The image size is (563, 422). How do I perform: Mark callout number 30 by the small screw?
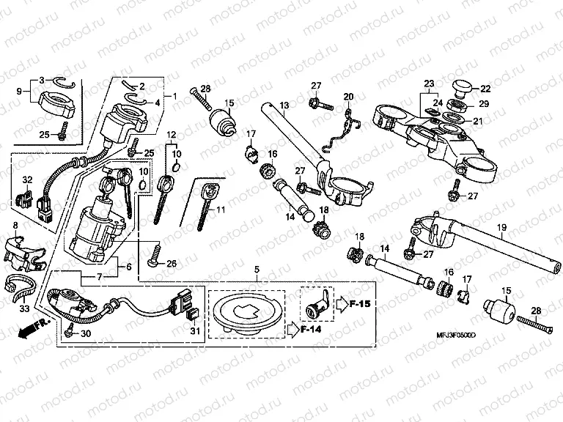[x=87, y=334]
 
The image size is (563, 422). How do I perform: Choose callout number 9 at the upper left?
[x=21, y=93]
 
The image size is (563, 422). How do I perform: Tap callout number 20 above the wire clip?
[x=348, y=97]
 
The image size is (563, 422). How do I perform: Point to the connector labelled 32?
[x=23, y=196]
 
